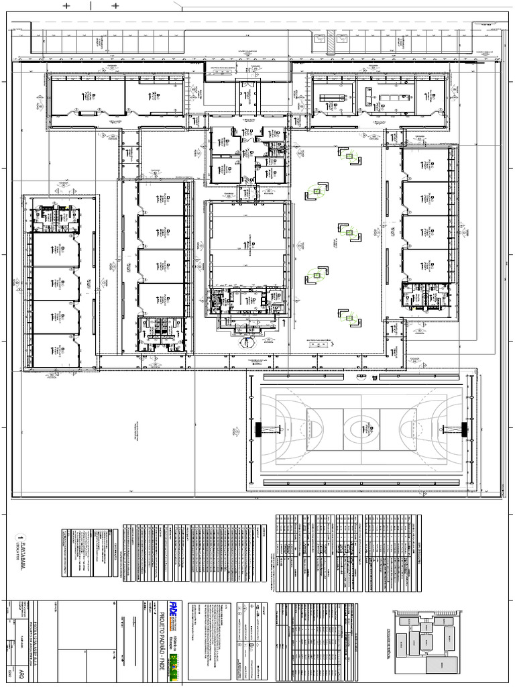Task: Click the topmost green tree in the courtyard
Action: click(x=349, y=156)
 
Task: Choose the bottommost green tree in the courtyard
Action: click(x=349, y=318)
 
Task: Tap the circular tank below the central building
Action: click(x=249, y=340)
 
